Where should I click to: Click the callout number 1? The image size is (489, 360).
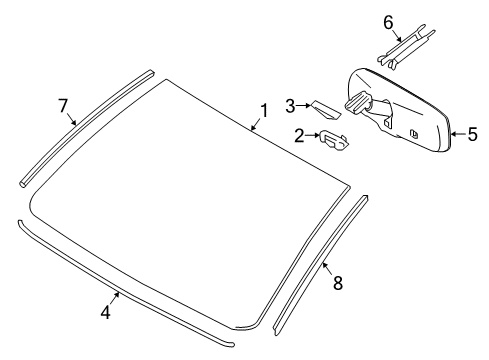click(264, 110)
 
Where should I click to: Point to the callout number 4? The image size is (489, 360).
click(104, 311)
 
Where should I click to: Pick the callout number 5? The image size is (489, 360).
click(473, 130)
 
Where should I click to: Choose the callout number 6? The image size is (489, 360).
click(389, 22)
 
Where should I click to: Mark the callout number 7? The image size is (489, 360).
click(62, 104)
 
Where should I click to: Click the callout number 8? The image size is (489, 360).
click(337, 283)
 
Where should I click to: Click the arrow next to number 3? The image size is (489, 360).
click(304, 105)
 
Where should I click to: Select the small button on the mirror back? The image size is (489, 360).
click(413, 132)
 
